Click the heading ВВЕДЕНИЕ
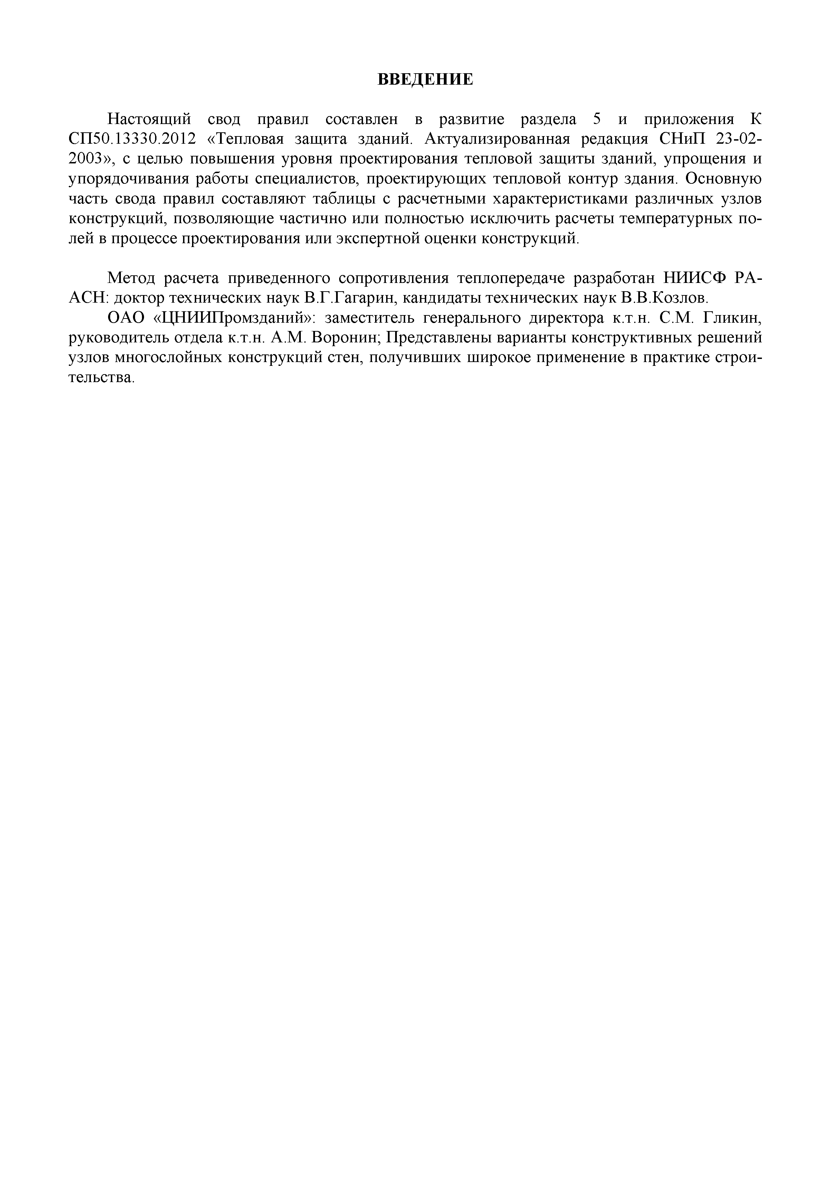click(x=425, y=79)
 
